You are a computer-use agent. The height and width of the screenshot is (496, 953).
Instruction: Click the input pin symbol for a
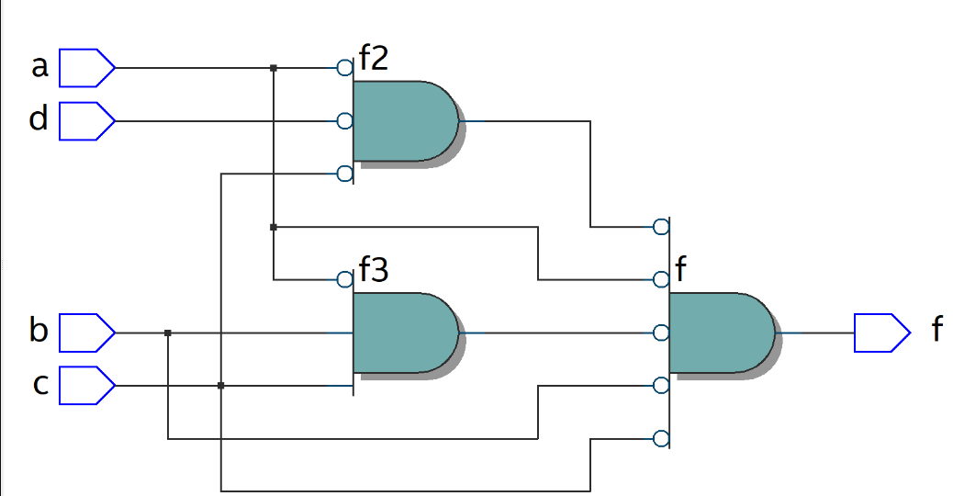tap(87, 68)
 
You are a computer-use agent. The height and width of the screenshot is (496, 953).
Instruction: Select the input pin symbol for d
tap(87, 121)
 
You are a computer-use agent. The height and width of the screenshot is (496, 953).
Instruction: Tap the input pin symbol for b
tap(87, 333)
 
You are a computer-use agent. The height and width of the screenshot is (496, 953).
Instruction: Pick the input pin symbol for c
tap(87, 386)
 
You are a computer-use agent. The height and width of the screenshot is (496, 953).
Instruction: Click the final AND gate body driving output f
tap(722, 333)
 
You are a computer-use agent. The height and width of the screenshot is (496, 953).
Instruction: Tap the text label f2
tap(374, 59)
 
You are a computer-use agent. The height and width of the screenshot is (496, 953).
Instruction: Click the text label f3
tap(374, 271)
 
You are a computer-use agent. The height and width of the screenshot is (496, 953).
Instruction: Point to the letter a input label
tap(39, 67)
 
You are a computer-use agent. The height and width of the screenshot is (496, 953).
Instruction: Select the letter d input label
tap(39, 119)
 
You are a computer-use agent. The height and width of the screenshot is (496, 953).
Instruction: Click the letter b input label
tap(39, 330)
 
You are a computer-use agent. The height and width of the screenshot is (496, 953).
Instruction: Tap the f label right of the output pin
tap(936, 330)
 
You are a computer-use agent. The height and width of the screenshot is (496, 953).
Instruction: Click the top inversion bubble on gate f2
tap(344, 68)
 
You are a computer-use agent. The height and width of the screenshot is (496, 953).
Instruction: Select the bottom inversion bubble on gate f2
tap(344, 174)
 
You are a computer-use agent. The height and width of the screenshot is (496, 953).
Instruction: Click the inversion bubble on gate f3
tap(344, 279)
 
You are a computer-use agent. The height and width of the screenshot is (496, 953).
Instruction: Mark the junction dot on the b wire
tap(168, 333)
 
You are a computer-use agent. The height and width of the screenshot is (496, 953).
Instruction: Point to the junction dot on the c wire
tap(220, 386)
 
